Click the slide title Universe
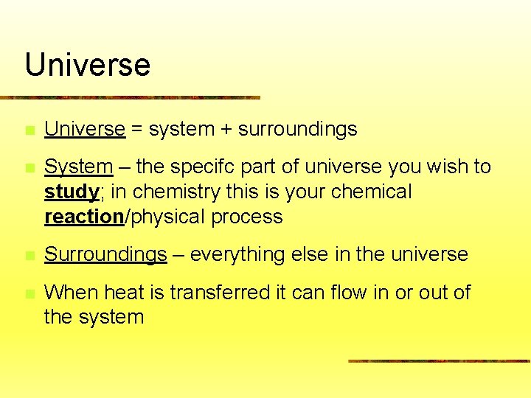click(x=87, y=65)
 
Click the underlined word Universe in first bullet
click(x=85, y=129)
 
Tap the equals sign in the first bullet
click(x=136, y=130)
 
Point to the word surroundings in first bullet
click(x=297, y=130)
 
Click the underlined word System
click(x=78, y=167)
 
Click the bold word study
click(x=72, y=192)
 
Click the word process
click(x=248, y=217)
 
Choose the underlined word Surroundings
click(x=105, y=254)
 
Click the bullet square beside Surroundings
click(x=29, y=255)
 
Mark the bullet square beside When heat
click(x=29, y=293)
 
